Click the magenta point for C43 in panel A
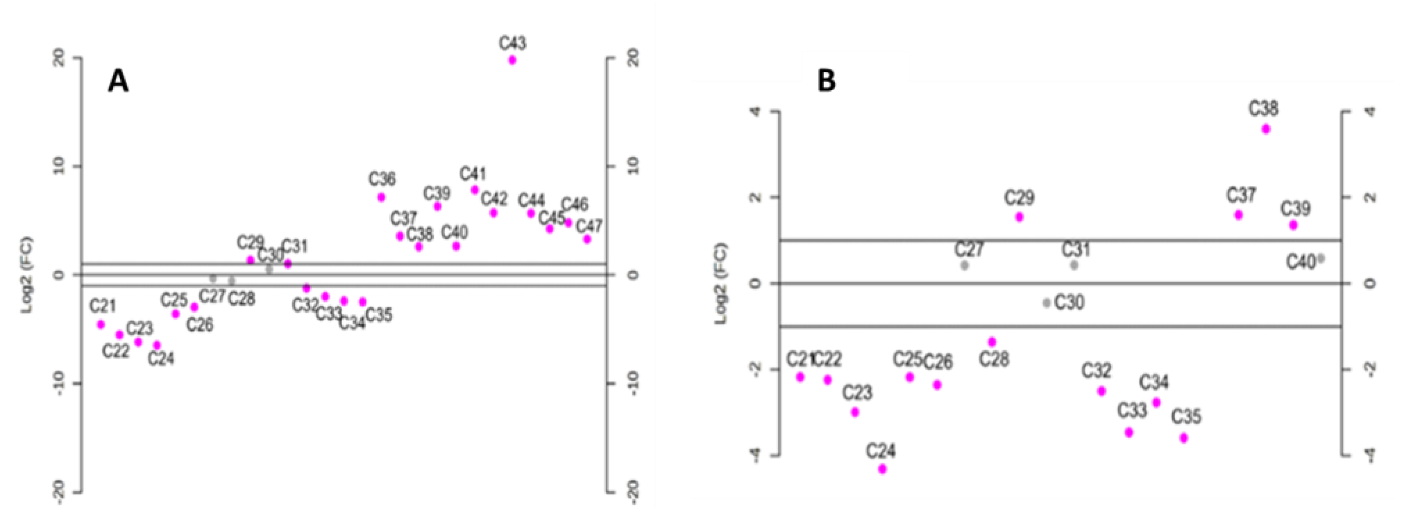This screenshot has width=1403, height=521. point(512,60)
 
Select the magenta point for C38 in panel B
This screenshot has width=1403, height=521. point(1266,129)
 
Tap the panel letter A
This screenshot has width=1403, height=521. point(118,82)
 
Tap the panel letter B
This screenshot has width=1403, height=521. point(827,82)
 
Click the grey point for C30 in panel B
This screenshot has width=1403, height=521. point(1047,303)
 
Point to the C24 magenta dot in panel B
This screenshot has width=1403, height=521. point(882,469)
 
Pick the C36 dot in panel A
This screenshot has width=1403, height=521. point(381,197)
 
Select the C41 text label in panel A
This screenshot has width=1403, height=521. point(472,174)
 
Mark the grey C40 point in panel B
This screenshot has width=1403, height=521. point(1321,258)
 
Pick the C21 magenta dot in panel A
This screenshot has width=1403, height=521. point(101,324)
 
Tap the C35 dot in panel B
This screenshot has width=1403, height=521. point(1183,438)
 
